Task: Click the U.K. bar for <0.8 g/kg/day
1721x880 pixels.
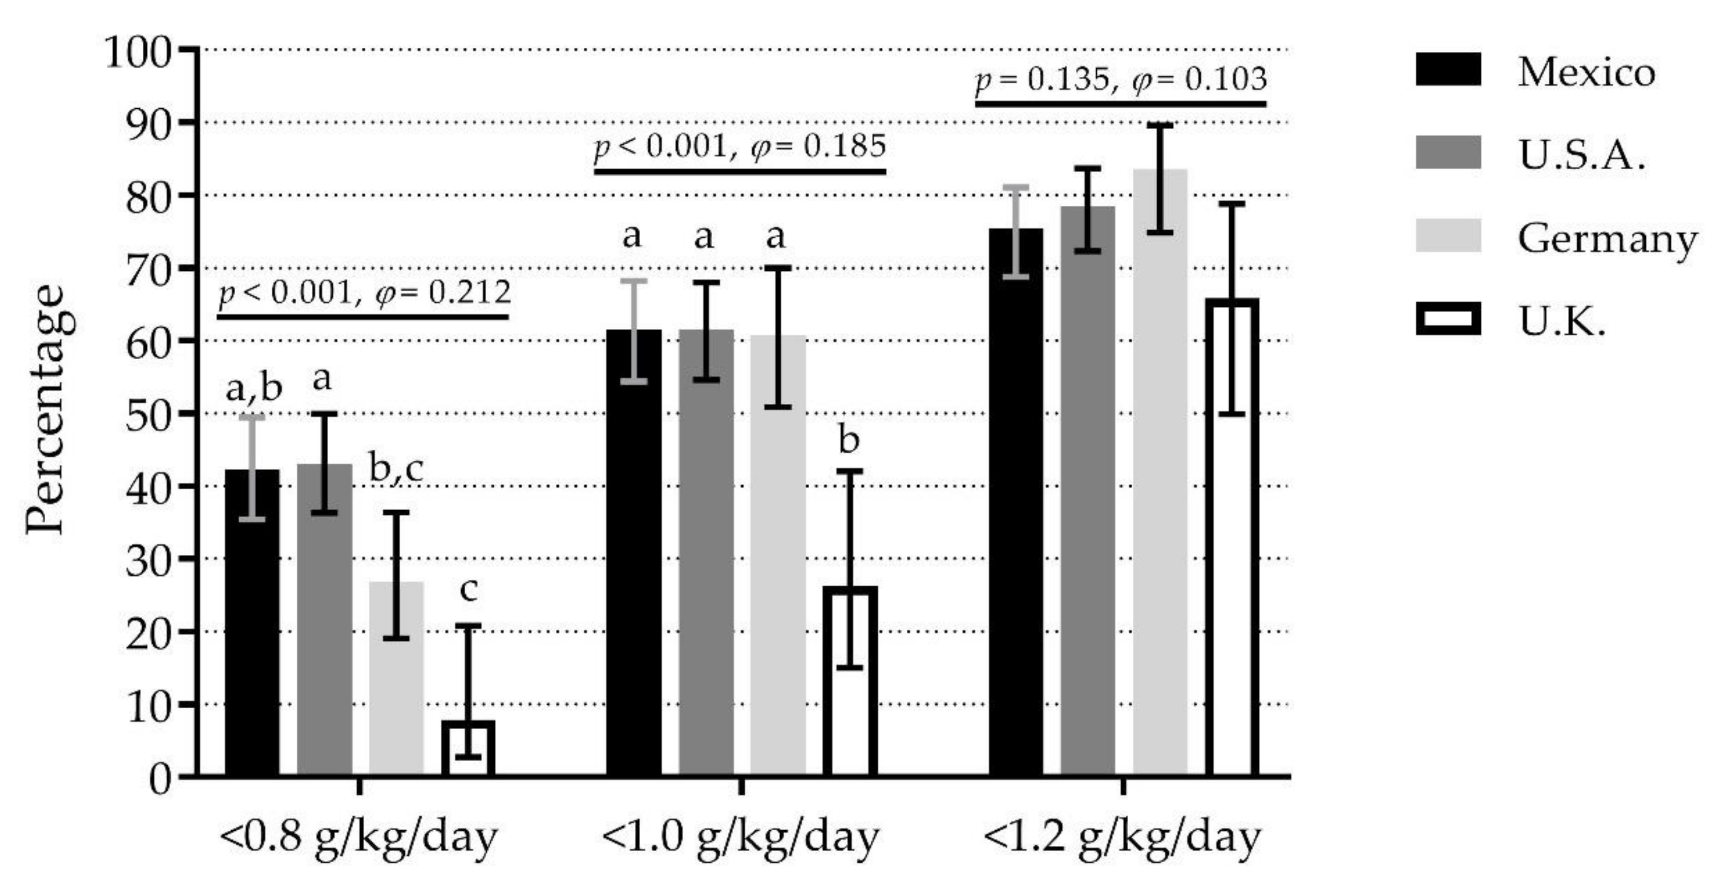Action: [x=468, y=750]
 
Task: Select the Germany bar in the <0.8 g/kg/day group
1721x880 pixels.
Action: [x=396, y=678]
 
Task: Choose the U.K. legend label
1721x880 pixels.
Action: [x=1561, y=322]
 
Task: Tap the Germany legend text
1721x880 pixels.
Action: [x=1607, y=238]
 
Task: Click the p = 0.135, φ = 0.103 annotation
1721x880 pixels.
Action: [x=1121, y=79]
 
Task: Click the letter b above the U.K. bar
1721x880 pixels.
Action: [x=849, y=441]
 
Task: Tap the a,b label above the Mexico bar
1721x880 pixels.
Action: [x=254, y=388]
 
